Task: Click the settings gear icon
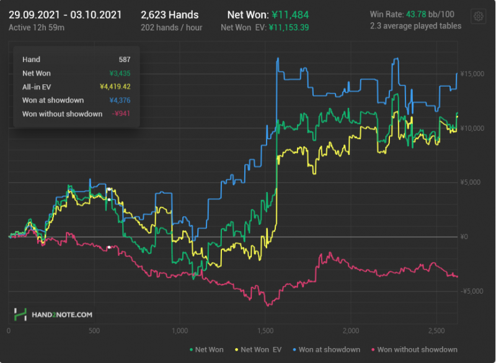(478, 17)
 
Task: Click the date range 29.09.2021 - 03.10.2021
(65, 15)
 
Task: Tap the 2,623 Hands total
(169, 15)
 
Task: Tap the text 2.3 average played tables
(415, 26)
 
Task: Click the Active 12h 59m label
(37, 28)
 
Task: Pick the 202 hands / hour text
(169, 28)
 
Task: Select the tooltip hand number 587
(125, 59)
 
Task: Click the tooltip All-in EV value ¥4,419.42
(115, 87)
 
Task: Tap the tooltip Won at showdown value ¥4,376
(120, 100)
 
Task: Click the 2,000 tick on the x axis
(351, 331)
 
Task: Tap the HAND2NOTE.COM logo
(54, 315)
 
